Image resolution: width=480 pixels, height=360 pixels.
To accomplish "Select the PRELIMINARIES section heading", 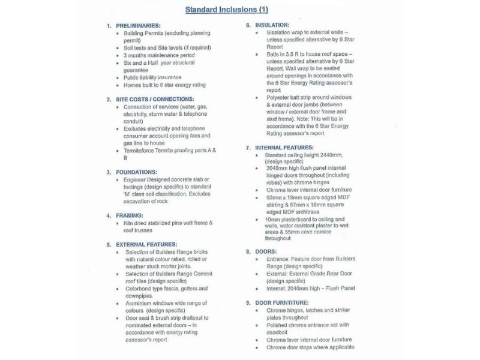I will click(x=137, y=26).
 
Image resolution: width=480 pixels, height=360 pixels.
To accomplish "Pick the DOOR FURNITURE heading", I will click(x=282, y=302).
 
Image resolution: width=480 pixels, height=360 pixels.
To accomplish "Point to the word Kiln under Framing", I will click(x=128, y=223).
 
